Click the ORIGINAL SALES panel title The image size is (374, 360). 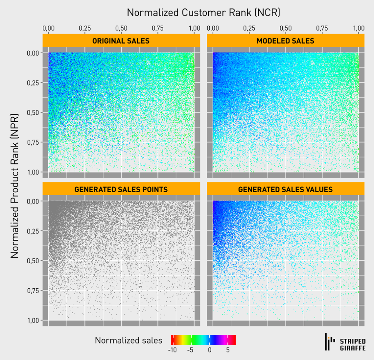pyautogui.click(x=121, y=41)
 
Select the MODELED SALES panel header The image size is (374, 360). pyautogui.click(x=285, y=41)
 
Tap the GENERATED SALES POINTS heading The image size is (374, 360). pyautogui.click(x=121, y=189)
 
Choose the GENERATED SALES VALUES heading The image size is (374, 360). pyautogui.click(x=285, y=189)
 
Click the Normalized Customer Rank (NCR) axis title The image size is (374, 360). pyautogui.click(x=203, y=12)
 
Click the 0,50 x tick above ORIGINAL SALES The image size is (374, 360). pyautogui.click(x=121, y=28)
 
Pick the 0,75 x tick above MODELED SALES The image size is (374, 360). pyautogui.click(x=322, y=28)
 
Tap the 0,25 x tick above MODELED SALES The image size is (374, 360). pyautogui.click(x=249, y=28)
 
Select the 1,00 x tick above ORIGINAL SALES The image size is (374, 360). pyautogui.click(x=194, y=28)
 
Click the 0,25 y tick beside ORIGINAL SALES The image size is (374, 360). pyautogui.click(x=35, y=83)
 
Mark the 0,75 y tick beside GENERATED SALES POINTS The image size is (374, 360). pyautogui.click(x=35, y=291)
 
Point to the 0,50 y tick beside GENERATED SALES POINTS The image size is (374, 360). pyautogui.click(x=35, y=261)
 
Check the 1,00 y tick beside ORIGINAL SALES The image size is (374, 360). pyautogui.click(x=35, y=172)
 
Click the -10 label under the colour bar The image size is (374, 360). pyautogui.click(x=172, y=350)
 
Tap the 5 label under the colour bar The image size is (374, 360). pyautogui.click(x=228, y=350)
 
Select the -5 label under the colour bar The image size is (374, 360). pyautogui.click(x=190, y=350)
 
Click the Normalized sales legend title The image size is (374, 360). pyautogui.click(x=129, y=340)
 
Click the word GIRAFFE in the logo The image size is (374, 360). pyautogui.click(x=353, y=348)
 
